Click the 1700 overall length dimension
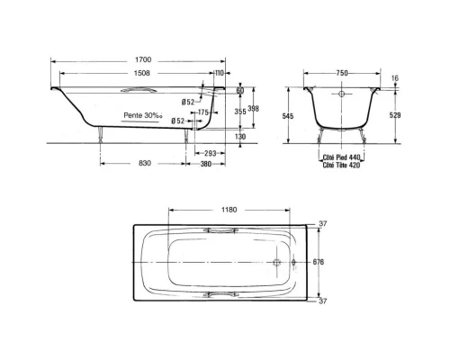point(143,59)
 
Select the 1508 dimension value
point(142,73)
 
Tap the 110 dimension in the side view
point(220,73)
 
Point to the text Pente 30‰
point(143,115)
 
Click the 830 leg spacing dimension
point(144,163)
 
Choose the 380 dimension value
point(205,164)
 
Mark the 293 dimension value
point(210,154)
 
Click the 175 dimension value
point(203,112)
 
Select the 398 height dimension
point(254,108)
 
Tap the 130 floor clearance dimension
point(240,137)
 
